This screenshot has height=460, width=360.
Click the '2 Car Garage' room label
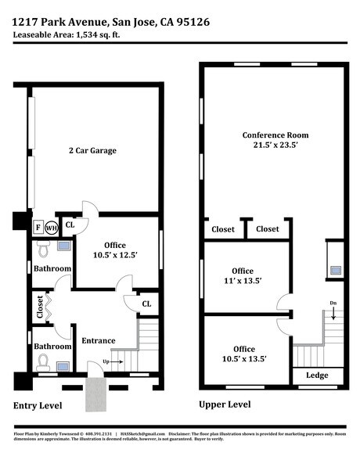(92, 150)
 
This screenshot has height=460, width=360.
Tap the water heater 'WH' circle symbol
(52, 228)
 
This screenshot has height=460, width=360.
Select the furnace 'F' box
(38, 228)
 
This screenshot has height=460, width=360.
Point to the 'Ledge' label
(317, 376)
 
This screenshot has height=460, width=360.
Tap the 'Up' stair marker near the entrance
(106, 362)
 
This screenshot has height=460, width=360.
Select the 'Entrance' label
(99, 340)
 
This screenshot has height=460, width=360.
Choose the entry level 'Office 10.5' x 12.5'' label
(115, 250)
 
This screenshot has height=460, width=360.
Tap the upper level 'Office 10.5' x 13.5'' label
(243, 354)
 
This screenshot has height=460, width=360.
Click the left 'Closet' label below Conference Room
(222, 229)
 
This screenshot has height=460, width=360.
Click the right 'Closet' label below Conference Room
(267, 229)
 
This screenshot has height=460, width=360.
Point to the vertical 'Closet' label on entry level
(40, 306)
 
